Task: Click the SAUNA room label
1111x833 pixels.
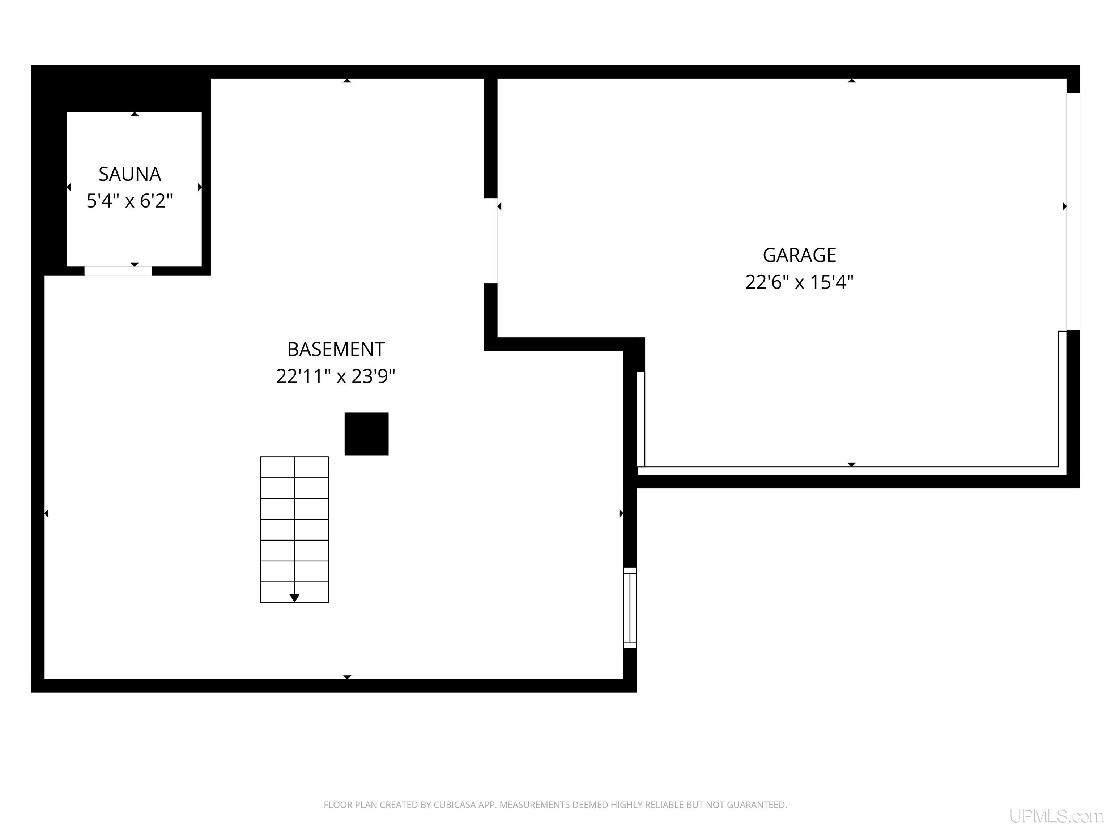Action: (x=129, y=174)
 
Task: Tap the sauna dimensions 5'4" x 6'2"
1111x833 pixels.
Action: (x=129, y=201)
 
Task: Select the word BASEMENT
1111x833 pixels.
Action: (x=336, y=349)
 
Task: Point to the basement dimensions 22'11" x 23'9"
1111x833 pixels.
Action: (x=336, y=376)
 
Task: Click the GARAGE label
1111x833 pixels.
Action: (x=799, y=255)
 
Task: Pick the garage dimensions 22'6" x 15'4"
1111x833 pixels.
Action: (x=799, y=282)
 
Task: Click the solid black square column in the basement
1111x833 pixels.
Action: (x=366, y=434)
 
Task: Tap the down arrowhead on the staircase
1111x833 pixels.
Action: (x=294, y=598)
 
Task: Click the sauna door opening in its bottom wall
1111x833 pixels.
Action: (x=118, y=271)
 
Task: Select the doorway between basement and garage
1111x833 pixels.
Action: (x=491, y=241)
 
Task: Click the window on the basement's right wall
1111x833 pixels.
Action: (x=630, y=607)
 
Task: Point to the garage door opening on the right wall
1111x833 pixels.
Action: (x=1073, y=212)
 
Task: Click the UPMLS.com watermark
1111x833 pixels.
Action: (x=1056, y=816)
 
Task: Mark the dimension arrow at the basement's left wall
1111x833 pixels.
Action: (x=46, y=513)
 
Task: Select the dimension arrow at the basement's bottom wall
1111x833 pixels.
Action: (x=347, y=677)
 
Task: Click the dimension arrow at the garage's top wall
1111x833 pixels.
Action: (x=851, y=80)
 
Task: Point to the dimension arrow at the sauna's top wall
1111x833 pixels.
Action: (x=135, y=114)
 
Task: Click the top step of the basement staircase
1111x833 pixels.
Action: (x=294, y=467)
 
